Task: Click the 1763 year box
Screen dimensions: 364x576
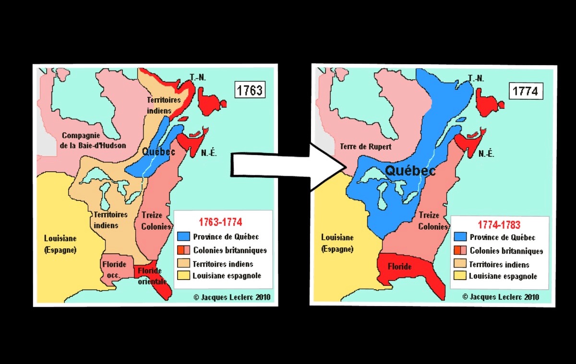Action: pos(250,90)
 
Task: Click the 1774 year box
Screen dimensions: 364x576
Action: pos(526,91)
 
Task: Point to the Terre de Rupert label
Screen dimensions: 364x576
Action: pos(359,147)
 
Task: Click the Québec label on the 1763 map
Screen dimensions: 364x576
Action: pos(158,152)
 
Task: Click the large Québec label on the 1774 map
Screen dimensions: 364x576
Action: pos(410,170)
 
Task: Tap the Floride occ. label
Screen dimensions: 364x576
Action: pos(114,269)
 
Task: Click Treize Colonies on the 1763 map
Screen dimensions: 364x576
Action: pos(155,221)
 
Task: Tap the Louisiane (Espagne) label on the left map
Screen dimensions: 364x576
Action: pos(60,244)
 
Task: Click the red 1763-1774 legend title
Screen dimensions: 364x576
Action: pos(220,222)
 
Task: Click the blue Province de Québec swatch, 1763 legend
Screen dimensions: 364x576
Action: pos(184,236)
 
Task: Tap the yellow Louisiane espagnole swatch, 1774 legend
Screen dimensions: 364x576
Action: pos(460,276)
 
